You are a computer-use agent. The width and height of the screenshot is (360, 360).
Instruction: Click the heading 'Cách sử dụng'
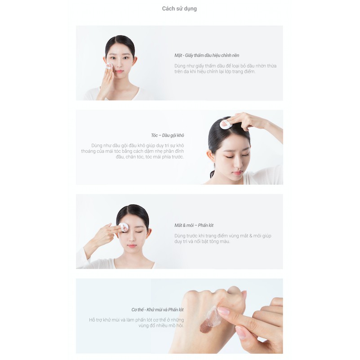pos(179,9)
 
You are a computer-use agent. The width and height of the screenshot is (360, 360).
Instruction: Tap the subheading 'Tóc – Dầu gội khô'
pos(167,135)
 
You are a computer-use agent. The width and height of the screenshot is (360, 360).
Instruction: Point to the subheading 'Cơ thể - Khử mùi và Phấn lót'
pos(157,310)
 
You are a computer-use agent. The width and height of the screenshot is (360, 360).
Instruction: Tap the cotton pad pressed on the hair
pos(225,124)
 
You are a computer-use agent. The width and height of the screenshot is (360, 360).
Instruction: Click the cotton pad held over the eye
pos(123,227)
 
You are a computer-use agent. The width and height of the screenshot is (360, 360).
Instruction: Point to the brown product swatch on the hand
pos(207,327)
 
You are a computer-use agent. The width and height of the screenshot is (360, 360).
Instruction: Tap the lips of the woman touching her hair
pos(237,173)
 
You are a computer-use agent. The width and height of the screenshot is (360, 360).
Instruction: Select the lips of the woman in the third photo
pos(132,246)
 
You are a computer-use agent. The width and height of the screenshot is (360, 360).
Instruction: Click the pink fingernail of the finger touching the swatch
pos(223,311)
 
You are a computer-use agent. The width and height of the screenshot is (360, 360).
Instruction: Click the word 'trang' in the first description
pos(236,72)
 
